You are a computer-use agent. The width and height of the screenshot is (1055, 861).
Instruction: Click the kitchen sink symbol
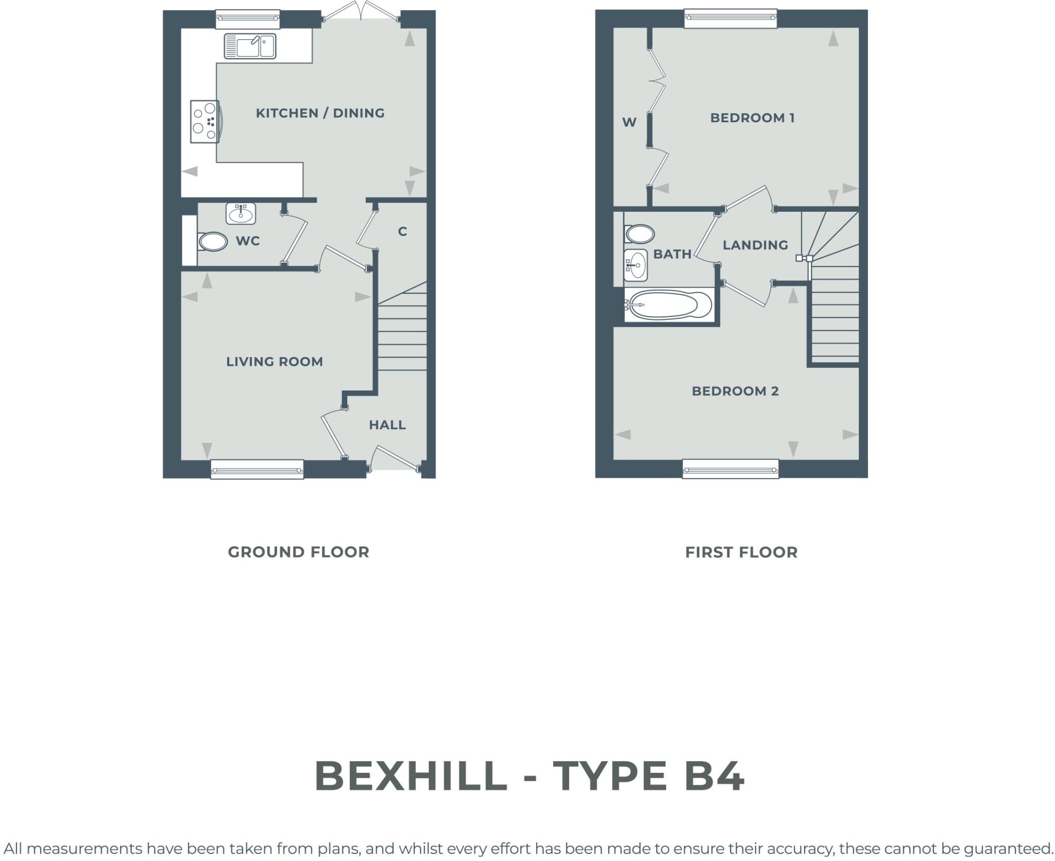click(250, 46)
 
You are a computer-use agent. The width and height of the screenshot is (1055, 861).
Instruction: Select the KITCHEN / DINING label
click(320, 113)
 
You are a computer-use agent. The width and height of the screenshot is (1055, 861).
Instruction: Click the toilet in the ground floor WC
click(213, 242)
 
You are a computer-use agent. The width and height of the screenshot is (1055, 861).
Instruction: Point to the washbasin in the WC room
click(241, 213)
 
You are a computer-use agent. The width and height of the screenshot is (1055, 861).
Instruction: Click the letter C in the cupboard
click(402, 232)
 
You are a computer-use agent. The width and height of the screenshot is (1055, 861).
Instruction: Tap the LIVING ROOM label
click(275, 362)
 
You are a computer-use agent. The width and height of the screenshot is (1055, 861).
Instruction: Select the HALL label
click(387, 425)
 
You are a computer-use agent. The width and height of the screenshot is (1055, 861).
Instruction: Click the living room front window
click(257, 470)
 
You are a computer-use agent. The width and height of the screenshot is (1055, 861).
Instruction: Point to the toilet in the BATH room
click(639, 234)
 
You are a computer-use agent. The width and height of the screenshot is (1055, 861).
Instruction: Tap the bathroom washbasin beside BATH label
click(636, 265)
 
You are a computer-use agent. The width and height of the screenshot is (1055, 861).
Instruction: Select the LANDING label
click(755, 245)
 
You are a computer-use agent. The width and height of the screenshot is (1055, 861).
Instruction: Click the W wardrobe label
click(629, 123)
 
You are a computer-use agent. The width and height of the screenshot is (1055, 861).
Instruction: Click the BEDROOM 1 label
click(752, 118)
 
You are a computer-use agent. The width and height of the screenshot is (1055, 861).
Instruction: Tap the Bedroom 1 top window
click(730, 18)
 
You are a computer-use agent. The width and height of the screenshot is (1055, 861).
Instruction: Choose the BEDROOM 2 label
click(735, 391)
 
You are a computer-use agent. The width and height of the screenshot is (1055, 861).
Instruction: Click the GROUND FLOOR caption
click(298, 552)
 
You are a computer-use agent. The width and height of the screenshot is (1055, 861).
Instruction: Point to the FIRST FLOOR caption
click(741, 552)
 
